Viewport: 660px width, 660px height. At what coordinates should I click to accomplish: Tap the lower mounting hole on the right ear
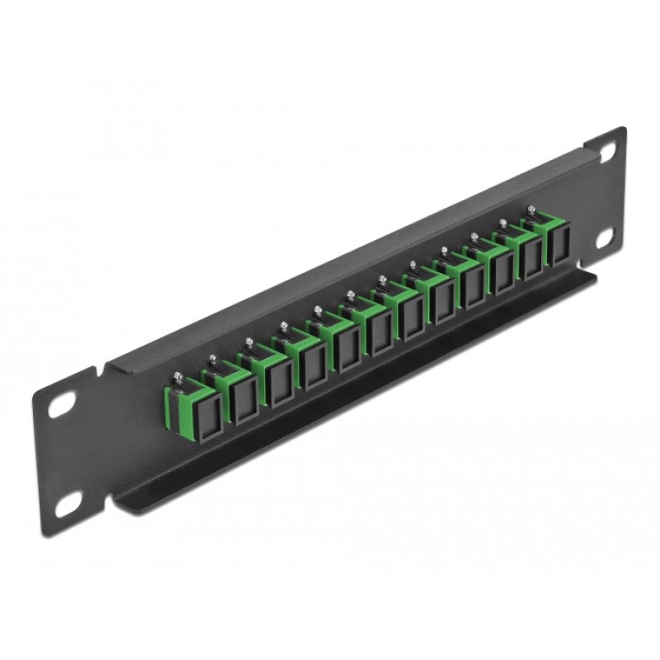click(608, 237)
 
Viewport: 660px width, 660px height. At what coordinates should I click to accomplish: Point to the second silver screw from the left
click(213, 358)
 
